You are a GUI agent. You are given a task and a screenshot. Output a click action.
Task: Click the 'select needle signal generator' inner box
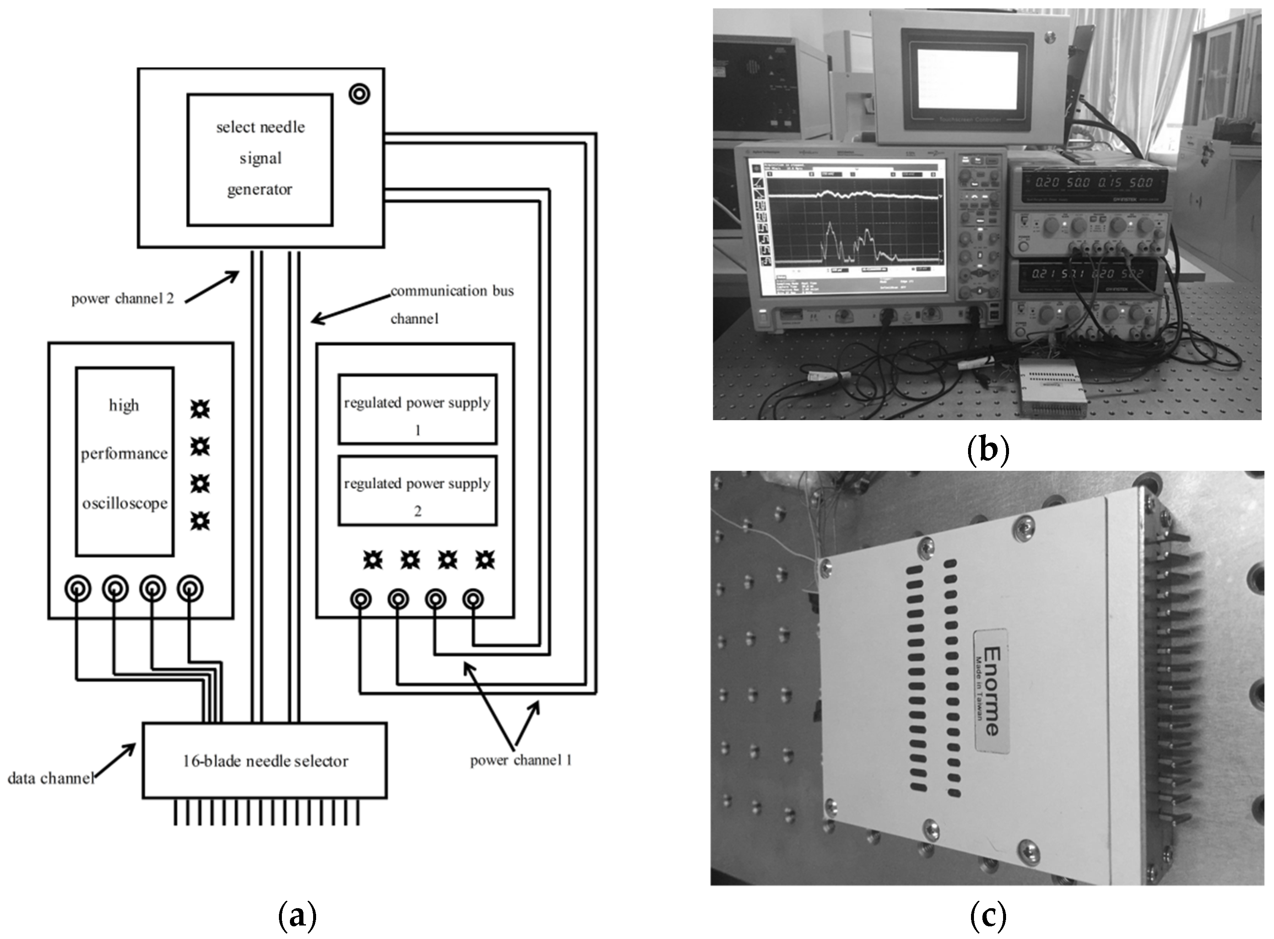(x=260, y=160)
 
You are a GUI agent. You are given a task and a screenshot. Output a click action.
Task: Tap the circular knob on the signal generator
(x=359, y=94)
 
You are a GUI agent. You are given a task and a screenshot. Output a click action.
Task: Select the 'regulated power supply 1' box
(x=417, y=409)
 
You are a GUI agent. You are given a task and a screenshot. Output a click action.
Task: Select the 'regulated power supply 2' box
(x=417, y=490)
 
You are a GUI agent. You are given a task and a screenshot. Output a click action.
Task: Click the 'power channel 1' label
(x=520, y=761)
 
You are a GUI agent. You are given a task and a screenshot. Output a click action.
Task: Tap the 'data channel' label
(x=50, y=778)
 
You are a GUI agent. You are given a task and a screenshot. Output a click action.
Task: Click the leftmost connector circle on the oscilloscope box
(x=77, y=589)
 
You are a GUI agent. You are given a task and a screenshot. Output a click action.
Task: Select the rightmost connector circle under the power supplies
(x=473, y=599)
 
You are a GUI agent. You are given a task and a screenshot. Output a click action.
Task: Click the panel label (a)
(x=297, y=916)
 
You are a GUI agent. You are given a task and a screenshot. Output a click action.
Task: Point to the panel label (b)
(x=988, y=449)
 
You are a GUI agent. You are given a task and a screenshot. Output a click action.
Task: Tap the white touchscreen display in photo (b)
(x=967, y=80)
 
